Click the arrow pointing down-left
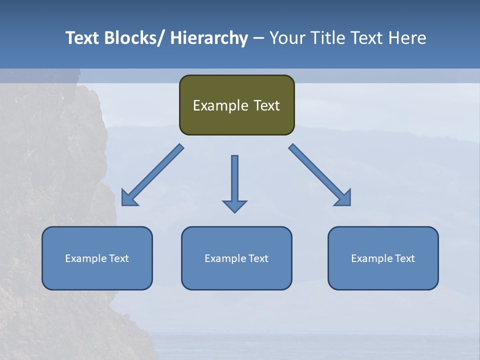point(152,175)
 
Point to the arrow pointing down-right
point(320,175)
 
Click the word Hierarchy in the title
point(209,38)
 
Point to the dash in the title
point(258,38)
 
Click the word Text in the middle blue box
point(257,258)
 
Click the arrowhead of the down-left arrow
point(129,198)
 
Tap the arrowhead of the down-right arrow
point(343,198)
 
